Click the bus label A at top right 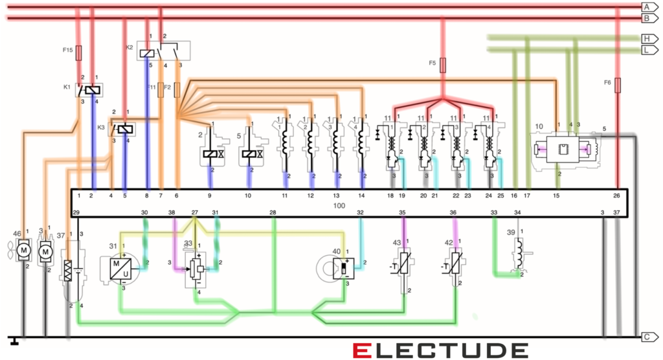646,6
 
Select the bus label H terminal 646,38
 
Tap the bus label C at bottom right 646,337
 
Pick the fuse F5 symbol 442,65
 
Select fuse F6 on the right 618,84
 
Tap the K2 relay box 164,51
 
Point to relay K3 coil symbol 126,129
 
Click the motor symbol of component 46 24,250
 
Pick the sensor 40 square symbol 344,267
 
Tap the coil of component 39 518,249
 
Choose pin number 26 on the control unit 616,195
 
